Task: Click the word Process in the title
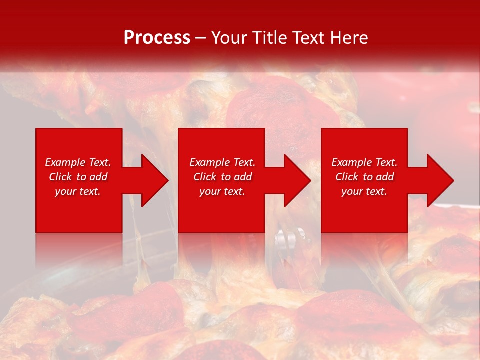pyautogui.click(x=157, y=38)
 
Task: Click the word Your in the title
pyautogui.click(x=229, y=38)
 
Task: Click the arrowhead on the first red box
pyautogui.click(x=153, y=180)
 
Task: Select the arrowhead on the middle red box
pyautogui.click(x=295, y=180)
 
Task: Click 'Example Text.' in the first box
pyautogui.click(x=78, y=162)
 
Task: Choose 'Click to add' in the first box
pyautogui.click(x=78, y=177)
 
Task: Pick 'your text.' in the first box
pyautogui.click(x=78, y=191)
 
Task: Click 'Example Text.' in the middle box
pyautogui.click(x=222, y=162)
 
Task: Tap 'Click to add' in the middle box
pyautogui.click(x=222, y=177)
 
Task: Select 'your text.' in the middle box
pyautogui.click(x=222, y=191)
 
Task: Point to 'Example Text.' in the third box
pyautogui.click(x=364, y=162)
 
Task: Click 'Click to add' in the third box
pyautogui.click(x=364, y=177)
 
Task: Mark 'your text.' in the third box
pyautogui.click(x=364, y=191)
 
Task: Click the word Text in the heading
pyautogui.click(x=307, y=38)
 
